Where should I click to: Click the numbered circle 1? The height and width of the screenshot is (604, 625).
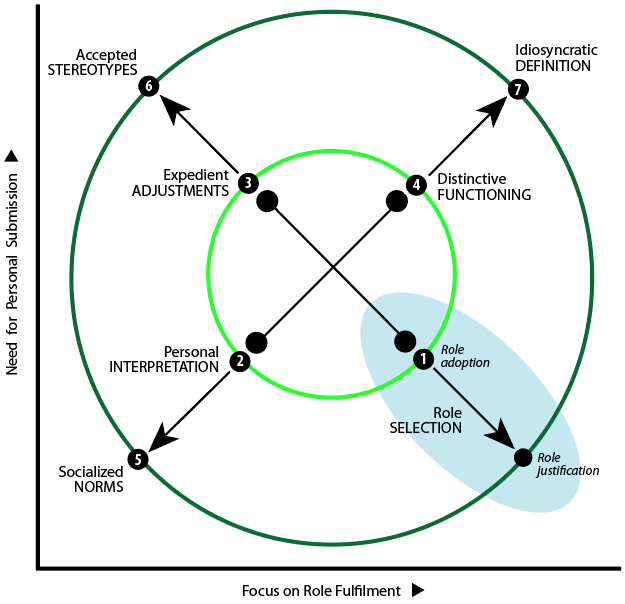[x=422, y=357]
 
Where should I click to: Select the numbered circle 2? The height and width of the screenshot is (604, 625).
[x=239, y=362]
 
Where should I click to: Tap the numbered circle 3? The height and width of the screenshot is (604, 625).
[x=248, y=182]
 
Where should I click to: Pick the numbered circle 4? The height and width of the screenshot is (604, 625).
[x=416, y=184]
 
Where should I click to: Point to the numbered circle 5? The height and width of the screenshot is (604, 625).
[x=139, y=460]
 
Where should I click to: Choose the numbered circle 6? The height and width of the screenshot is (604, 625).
[x=148, y=86]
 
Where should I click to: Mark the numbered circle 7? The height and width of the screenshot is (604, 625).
[x=517, y=89]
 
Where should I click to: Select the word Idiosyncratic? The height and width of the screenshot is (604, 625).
[x=553, y=51]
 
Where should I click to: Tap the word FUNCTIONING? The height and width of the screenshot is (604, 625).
[x=484, y=195]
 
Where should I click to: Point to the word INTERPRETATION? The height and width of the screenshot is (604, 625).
[x=164, y=367]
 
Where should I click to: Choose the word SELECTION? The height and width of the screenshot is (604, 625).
[x=425, y=427]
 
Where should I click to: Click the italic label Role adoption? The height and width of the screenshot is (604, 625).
[x=465, y=355]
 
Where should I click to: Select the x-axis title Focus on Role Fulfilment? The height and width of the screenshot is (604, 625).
[x=322, y=590]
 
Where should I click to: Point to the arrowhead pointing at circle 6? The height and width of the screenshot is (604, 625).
[x=172, y=107]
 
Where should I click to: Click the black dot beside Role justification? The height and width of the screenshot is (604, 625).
[x=522, y=457]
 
